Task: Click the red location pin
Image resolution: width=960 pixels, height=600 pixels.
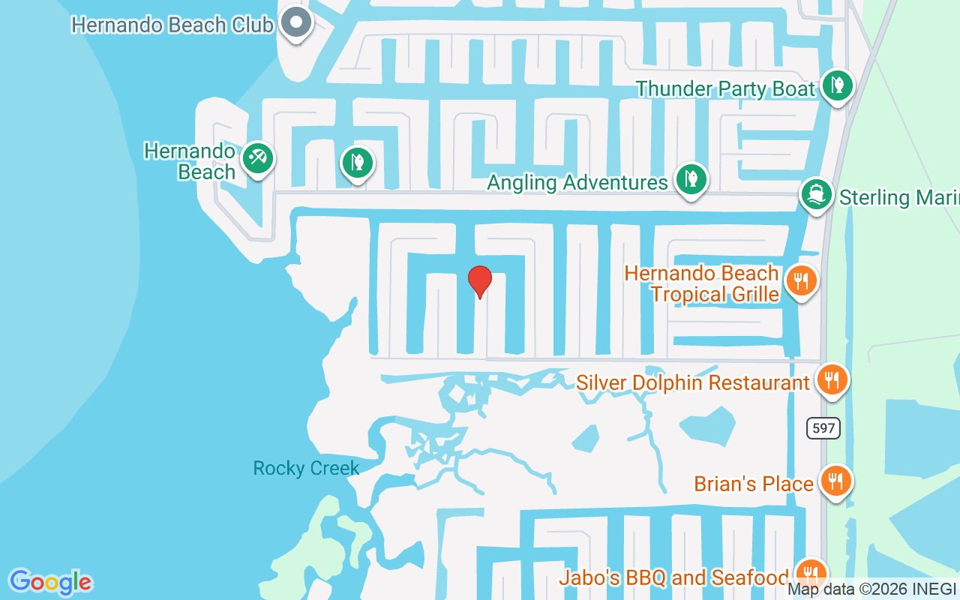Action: [x=479, y=281]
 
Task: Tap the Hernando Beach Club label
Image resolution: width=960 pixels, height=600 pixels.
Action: [x=172, y=25]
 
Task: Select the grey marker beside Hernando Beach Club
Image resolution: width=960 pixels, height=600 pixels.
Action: [x=296, y=22]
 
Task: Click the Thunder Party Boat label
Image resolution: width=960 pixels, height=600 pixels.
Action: [x=725, y=89]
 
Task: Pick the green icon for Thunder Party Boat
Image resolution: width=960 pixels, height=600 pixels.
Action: [x=837, y=85]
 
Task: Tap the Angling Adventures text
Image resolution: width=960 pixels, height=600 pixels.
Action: [x=577, y=182]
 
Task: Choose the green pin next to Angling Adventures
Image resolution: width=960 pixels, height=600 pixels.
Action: [x=691, y=180]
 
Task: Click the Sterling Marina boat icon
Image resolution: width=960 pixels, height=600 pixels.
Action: [x=816, y=195]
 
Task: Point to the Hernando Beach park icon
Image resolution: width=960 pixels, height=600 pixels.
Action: [x=257, y=158]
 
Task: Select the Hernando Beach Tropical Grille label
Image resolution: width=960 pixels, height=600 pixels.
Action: [x=702, y=283]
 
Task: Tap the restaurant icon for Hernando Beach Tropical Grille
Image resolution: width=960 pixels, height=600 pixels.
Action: [x=802, y=281]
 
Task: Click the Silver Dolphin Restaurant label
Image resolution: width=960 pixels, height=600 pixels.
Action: [x=693, y=382]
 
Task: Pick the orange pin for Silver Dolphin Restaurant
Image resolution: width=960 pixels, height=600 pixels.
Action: [x=831, y=379]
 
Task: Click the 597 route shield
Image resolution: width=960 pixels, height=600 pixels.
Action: [x=823, y=428]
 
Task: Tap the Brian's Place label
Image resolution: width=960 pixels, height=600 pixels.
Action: [x=754, y=484]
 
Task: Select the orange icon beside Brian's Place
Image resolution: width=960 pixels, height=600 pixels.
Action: [x=835, y=480]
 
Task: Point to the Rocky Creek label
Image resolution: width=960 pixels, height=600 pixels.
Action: [x=306, y=469]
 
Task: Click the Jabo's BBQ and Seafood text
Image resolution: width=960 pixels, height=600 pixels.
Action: [x=673, y=577]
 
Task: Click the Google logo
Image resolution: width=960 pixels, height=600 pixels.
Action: [x=50, y=582]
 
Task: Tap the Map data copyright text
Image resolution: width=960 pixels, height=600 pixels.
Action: [x=872, y=589]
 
